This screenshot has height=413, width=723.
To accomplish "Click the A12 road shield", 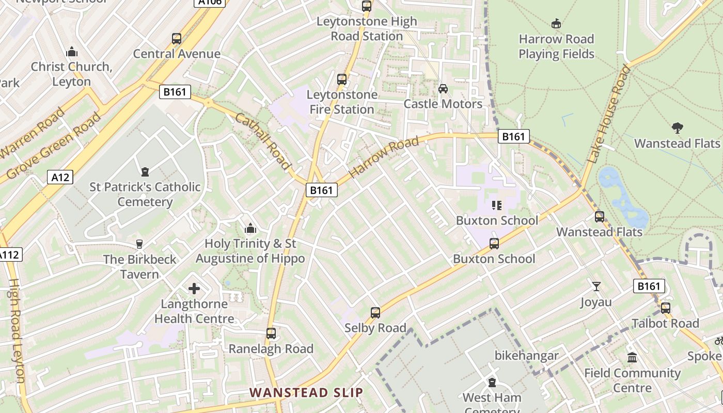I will pos(60,177).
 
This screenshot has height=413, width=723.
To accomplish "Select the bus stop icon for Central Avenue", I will pos(177,39).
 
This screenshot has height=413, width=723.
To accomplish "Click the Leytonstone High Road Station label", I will pos(367,29).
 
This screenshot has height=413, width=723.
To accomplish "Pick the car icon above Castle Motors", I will pos(443,89).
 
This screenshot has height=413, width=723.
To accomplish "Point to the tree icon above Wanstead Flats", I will pos(677,128).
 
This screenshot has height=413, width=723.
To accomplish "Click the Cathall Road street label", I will pos(263,141).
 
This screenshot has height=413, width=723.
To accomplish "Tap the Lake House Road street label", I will pos(609,115).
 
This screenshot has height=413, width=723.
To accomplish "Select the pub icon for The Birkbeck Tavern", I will pos(139,244).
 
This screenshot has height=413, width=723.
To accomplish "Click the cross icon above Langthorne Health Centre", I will pos(194,289).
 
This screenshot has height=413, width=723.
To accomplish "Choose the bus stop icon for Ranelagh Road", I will pos(271,333).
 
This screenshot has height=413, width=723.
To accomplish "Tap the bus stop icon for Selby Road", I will pos(375,313).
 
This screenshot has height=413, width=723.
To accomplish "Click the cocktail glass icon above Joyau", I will pos(596,287).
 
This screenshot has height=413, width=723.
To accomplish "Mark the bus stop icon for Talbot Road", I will pos(666,308).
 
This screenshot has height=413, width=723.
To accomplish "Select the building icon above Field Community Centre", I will pos(632,357).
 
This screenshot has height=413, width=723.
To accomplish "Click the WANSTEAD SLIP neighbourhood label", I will pos(306,392).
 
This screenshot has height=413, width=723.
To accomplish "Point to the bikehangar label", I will pos(526,356).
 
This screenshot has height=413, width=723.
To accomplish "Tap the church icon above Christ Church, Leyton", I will pos(71,52).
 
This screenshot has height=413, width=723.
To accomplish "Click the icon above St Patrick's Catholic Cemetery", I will pos(145,171).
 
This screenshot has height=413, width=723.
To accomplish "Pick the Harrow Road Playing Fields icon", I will pos(556,24).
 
